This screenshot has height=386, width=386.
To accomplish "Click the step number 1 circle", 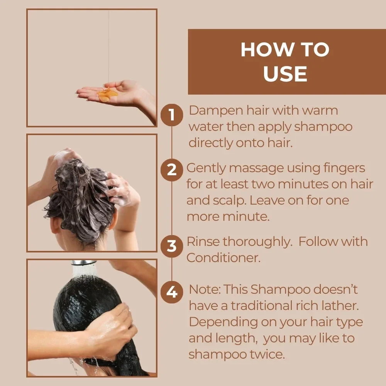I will (171, 115).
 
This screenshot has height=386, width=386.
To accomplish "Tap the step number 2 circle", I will (171, 169).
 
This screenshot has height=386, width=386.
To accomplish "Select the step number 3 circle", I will (171, 246).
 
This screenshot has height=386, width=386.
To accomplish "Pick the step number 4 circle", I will (171, 292).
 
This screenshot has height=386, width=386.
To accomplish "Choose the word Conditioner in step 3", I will (223, 258).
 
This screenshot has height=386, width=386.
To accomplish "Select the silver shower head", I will (83, 262).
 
